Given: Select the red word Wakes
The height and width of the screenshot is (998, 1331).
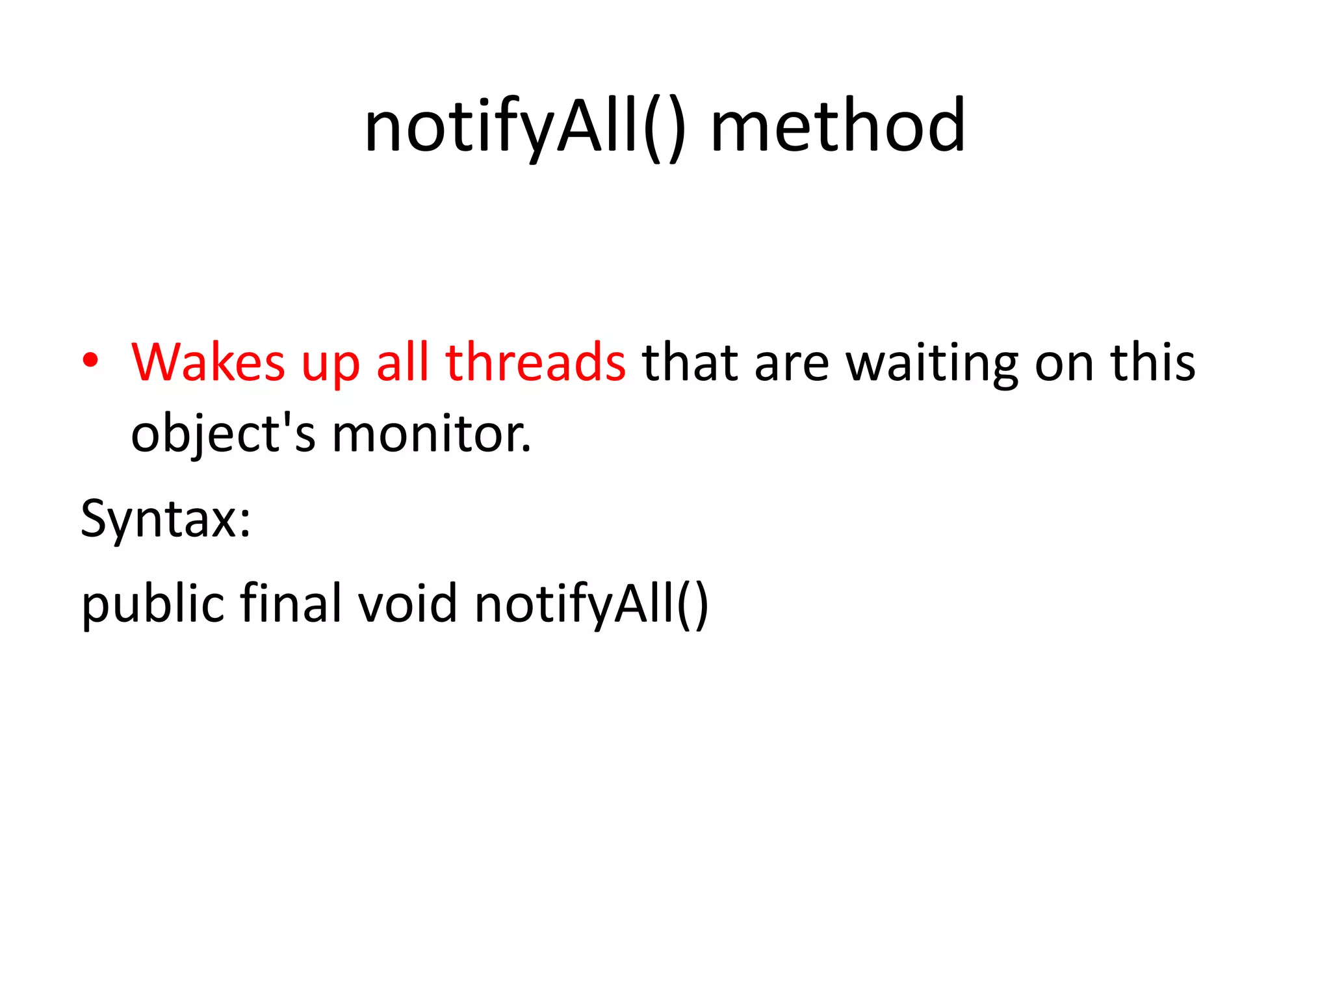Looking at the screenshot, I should pos(208,362).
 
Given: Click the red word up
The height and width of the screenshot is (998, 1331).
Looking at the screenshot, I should pos(330,365).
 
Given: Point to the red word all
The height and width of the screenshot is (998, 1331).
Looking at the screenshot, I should pos(402,362).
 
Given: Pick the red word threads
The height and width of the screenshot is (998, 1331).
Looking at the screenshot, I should pos(536,362).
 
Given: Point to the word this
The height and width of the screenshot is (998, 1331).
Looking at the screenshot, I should pos(1153,362).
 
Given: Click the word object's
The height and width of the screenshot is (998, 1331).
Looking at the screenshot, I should pos(223,434).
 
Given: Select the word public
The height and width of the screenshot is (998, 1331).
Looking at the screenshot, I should pos(153,603).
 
